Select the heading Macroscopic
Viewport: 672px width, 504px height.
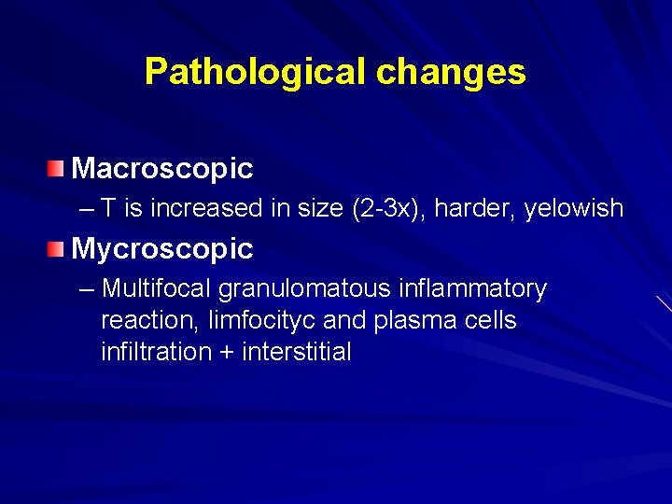pos(162,169)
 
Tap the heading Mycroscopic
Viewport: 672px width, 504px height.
pos(162,249)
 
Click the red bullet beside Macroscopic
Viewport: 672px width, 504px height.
pos(58,168)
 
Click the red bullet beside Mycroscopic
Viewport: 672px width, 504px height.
pos(58,248)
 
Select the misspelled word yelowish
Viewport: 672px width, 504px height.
pos(573,209)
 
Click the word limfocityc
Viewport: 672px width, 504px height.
pos(262,321)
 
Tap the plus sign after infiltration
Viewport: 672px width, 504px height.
pos(229,353)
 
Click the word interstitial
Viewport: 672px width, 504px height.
pos(296,353)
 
